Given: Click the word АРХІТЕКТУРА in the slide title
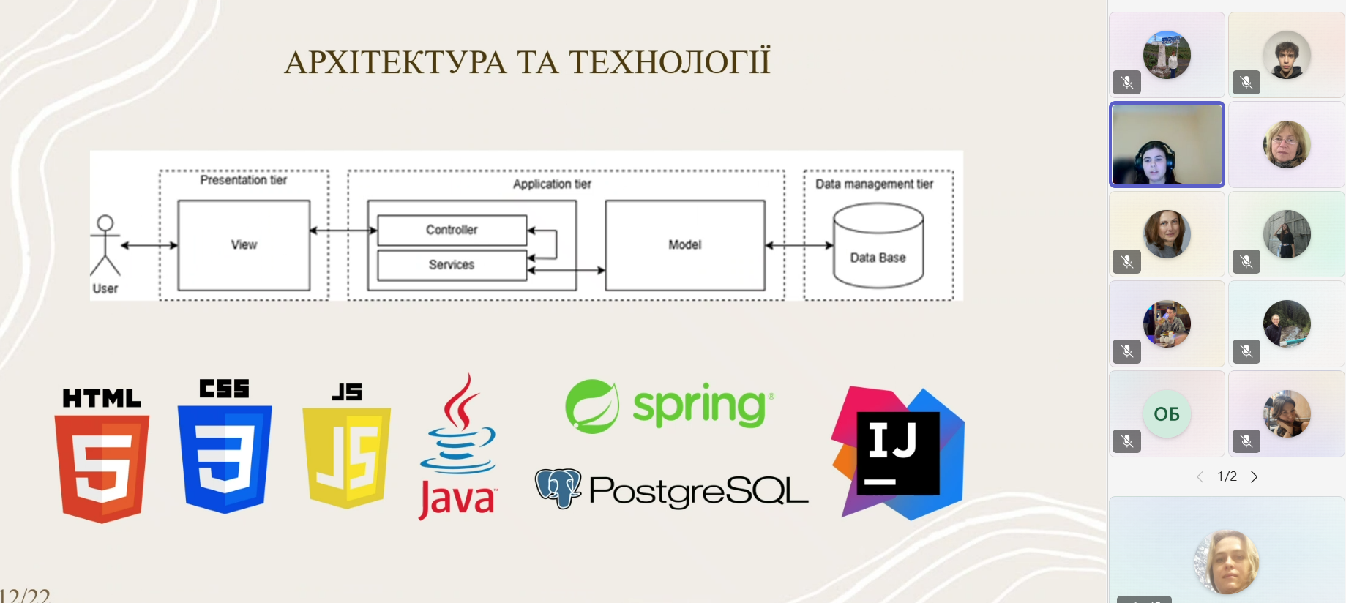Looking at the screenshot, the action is coord(395,62).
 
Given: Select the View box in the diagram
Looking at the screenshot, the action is coord(244,245).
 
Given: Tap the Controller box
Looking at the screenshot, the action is coord(452,230).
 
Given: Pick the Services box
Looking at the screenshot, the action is coord(452,265).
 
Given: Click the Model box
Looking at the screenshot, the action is coord(685,245).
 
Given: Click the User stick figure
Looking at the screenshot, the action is coord(105,246).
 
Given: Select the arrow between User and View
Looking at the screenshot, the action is coord(149,245).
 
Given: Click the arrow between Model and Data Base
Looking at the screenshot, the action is coord(799,245).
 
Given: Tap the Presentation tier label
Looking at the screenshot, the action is coord(244,180).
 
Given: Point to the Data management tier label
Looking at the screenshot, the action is coord(875,184).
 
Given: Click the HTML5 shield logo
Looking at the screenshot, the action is coord(102,469).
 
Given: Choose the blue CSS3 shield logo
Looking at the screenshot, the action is coord(225,460).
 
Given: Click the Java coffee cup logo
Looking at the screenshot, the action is coord(457,447).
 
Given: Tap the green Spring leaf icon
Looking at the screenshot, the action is coord(592,406).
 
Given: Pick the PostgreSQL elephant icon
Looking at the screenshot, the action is coord(558,488).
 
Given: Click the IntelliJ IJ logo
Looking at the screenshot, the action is coord(898,454).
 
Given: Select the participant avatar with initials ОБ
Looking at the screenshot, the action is coord(1167,414).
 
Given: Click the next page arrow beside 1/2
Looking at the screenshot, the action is coord(1255,477).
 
